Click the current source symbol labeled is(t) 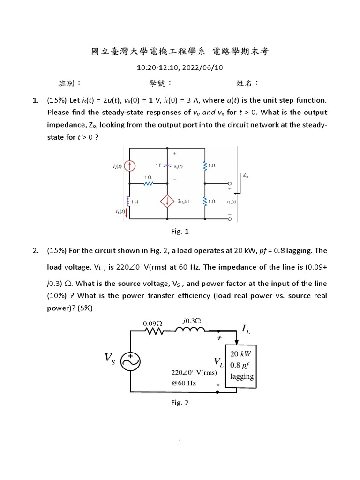point(131,166)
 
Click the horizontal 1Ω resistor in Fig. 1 point(149,184)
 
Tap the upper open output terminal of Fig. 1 point(230,184)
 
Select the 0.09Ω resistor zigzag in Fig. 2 point(153,331)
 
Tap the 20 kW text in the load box point(241,354)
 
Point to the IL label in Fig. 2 point(246,330)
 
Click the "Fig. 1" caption point(180,231)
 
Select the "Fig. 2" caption point(180,403)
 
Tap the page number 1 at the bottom point(180,441)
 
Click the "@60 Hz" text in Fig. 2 point(184,383)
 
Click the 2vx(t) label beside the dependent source point(183,201)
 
